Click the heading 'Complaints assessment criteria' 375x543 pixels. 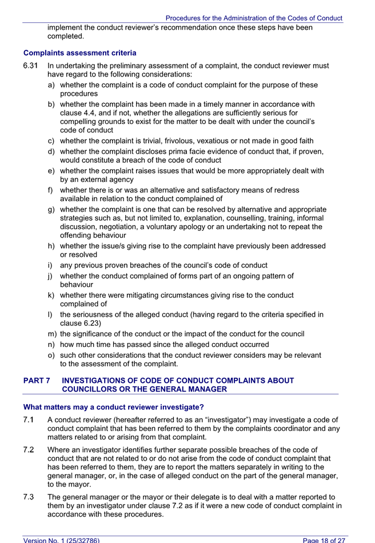pos(79,53)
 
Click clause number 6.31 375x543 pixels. pos(31,66)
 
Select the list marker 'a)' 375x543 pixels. pos(52,85)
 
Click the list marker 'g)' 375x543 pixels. pos(52,209)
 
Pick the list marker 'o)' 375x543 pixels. pos(52,355)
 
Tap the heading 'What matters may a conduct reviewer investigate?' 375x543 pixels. pos(113,408)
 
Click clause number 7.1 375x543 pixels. pos(29,420)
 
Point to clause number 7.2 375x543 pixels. pos(29,450)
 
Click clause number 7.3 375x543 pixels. pos(29,497)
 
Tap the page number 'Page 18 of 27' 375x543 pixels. pos(324,539)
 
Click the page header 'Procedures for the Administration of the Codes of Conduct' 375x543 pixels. pos(254,18)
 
